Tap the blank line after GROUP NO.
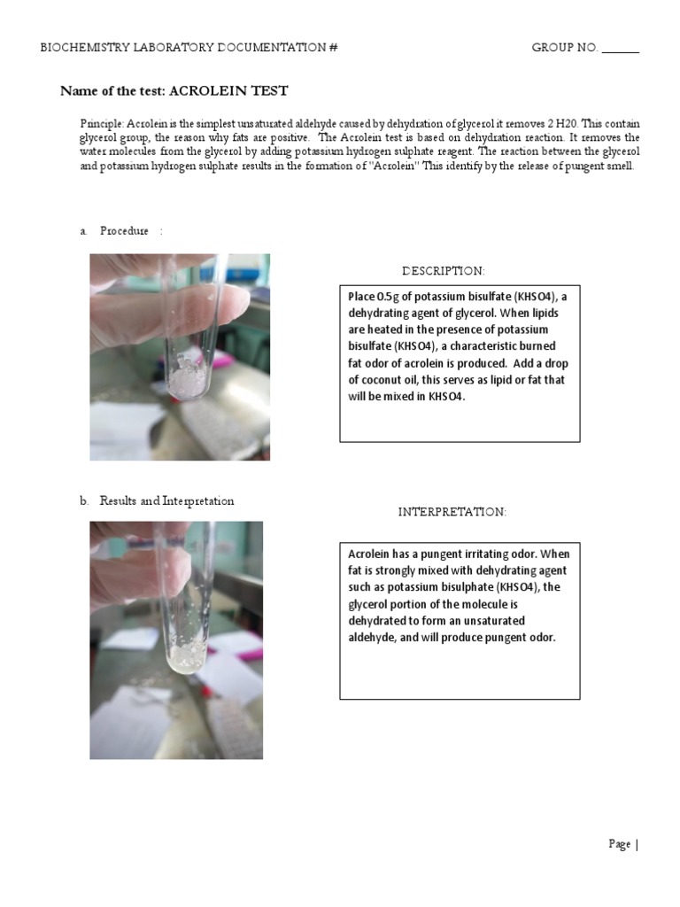pyautogui.click(x=620, y=49)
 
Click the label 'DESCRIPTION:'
pyautogui.click(x=444, y=270)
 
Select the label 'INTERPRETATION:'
pyautogui.click(x=452, y=512)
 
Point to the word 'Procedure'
pyautogui.click(x=124, y=231)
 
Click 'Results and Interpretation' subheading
pyautogui.click(x=166, y=500)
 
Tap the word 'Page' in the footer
pyautogui.click(x=619, y=844)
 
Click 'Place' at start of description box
pyautogui.click(x=361, y=297)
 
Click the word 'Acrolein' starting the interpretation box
pyautogui.click(x=369, y=554)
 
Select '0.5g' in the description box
pyautogui.click(x=389, y=297)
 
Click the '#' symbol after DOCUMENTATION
pyautogui.click(x=333, y=48)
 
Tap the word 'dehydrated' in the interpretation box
pyautogui.click(x=378, y=620)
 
